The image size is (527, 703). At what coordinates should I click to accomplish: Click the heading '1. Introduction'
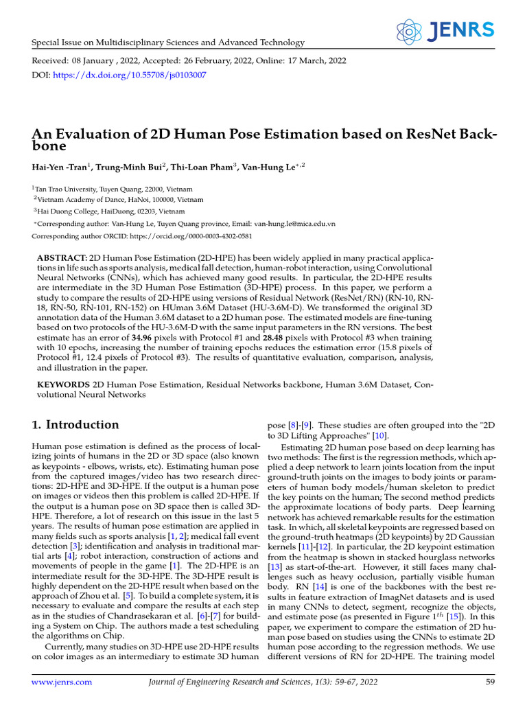[x=75, y=424]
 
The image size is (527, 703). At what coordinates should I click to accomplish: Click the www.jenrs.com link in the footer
[x=62, y=682]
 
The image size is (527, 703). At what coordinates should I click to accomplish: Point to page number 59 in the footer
[x=490, y=682]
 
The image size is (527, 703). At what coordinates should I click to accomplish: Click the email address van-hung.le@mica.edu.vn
[x=294, y=224]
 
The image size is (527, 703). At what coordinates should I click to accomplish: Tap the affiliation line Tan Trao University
[x=113, y=189]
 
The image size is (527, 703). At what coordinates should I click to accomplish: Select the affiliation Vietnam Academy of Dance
[x=120, y=200]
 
